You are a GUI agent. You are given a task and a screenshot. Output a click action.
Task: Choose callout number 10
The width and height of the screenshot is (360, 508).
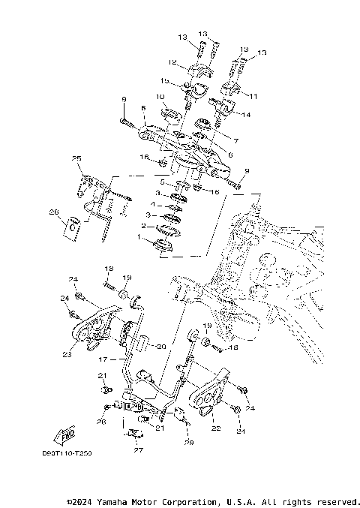[160, 97]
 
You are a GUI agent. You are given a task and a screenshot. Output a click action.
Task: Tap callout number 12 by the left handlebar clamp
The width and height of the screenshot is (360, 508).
[172, 62]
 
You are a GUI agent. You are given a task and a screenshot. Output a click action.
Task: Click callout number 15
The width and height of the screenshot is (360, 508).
[164, 81]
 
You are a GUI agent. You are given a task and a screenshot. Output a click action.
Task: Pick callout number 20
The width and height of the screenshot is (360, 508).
[160, 347]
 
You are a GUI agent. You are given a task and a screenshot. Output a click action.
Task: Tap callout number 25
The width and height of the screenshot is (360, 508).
[76, 158]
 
